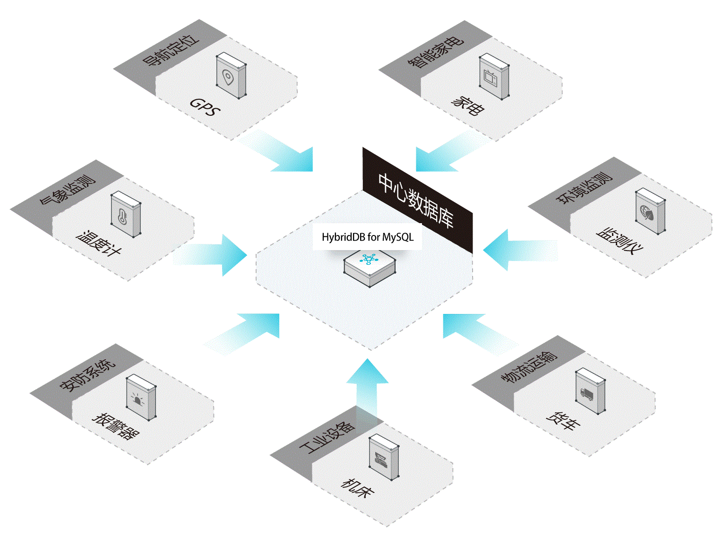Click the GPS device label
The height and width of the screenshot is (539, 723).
205,107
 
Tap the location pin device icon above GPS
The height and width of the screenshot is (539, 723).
229,77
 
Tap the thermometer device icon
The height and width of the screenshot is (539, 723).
123,216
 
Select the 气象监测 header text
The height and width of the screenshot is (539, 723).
68,189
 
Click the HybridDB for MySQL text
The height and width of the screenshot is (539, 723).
368,237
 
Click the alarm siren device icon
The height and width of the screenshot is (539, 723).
139,399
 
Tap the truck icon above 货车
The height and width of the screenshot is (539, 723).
587,394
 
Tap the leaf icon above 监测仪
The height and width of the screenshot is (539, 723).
648,212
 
